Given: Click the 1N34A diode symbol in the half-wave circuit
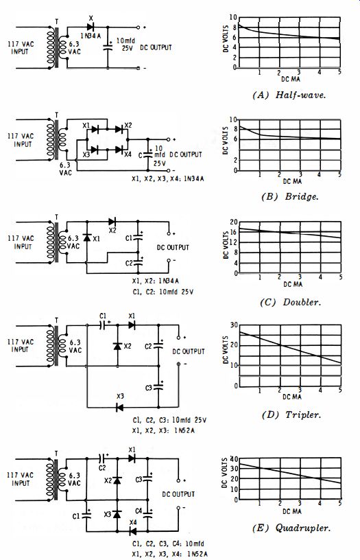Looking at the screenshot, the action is (x=91, y=27).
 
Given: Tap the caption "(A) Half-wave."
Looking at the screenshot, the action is (x=289, y=95).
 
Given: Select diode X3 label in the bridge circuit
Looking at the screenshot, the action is (x=86, y=154).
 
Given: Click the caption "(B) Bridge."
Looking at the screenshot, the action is (x=289, y=196).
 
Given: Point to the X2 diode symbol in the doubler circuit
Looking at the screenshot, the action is (x=112, y=222).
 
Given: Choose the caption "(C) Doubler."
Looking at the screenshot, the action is (x=290, y=302).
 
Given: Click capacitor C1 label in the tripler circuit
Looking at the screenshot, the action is (x=103, y=316).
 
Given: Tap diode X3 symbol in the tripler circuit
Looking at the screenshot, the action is (x=120, y=407).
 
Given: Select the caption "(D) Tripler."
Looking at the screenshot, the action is (x=291, y=415).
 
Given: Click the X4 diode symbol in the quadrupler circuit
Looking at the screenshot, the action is (x=132, y=531).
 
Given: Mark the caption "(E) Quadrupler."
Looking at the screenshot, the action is (x=291, y=528).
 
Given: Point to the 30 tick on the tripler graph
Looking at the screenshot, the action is (x=234, y=325).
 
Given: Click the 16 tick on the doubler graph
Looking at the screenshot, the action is (x=233, y=232).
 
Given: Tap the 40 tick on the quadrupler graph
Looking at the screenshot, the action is (x=234, y=458).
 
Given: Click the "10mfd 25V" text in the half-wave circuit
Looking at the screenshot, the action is (x=125, y=45).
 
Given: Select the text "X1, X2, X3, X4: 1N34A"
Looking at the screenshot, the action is (x=168, y=178).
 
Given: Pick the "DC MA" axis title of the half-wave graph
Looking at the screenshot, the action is (x=291, y=78).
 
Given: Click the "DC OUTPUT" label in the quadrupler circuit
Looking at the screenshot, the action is (x=178, y=494).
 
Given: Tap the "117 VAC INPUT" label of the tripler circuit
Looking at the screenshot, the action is (x=21, y=345).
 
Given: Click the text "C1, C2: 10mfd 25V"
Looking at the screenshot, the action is (x=163, y=292).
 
